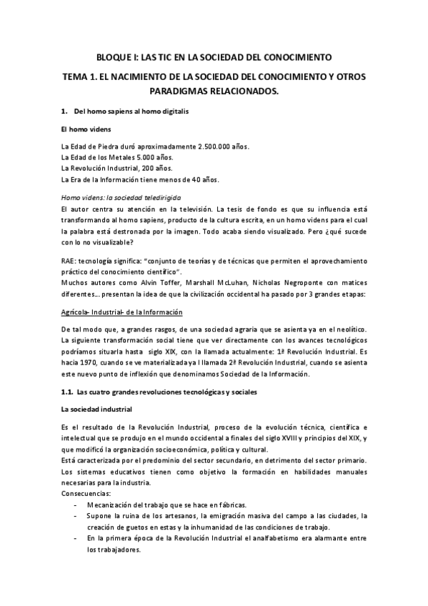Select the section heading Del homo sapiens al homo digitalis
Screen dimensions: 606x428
pos(130,112)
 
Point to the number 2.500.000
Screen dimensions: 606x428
pos(217,146)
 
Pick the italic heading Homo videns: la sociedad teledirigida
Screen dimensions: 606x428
pos(121,196)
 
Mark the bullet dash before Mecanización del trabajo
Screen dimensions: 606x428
pos(76,505)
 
